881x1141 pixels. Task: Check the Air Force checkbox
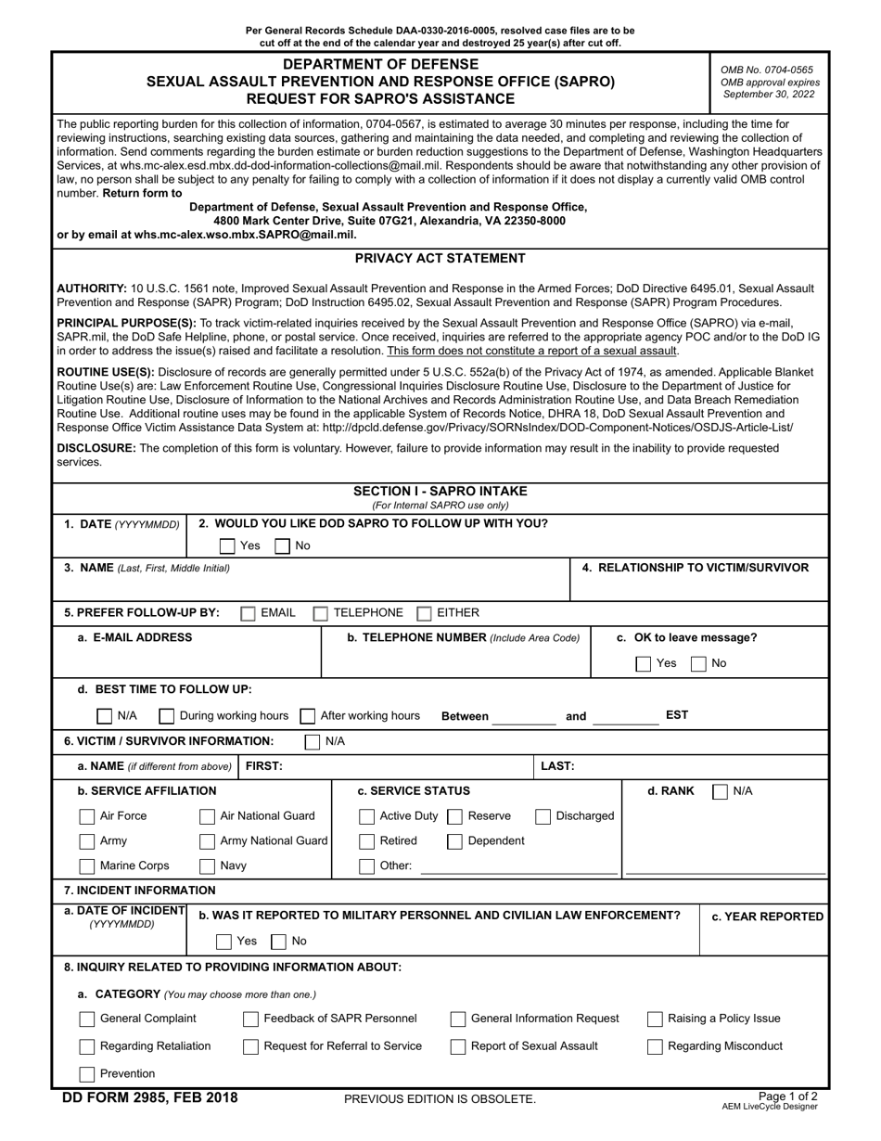87,816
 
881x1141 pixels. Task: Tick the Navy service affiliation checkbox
208,866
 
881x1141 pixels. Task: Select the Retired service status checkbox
367,841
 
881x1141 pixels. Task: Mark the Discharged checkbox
544,816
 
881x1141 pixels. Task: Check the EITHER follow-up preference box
425,613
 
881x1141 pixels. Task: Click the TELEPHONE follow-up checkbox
321,613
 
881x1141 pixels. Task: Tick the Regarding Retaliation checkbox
87,1046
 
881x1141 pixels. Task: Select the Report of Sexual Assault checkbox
458,1046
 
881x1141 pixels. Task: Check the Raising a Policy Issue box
655,1019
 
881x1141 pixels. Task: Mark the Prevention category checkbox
87,1074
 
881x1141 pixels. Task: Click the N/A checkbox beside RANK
720,791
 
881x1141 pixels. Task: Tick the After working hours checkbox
308,716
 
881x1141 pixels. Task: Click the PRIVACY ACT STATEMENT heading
440,259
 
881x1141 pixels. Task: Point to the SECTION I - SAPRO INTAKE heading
440,492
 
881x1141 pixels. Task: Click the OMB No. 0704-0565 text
766,70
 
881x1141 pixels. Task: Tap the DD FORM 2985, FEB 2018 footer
149,1098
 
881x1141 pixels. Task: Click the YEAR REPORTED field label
767,917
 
